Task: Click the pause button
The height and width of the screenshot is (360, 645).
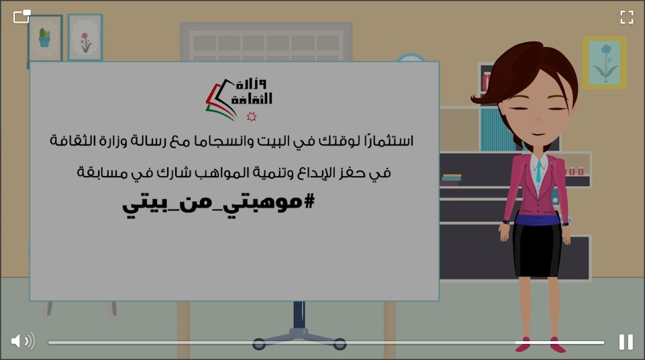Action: pos(626,342)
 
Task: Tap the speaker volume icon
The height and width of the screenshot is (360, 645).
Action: pos(22,341)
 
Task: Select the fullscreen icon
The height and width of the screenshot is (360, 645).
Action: pos(626,17)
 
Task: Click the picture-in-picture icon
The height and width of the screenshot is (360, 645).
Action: pos(22,16)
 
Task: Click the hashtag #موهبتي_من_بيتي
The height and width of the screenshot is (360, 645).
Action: pos(218,201)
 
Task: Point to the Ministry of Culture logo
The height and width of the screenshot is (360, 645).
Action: pos(238,97)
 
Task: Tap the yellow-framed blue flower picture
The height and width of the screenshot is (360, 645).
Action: pos(605,62)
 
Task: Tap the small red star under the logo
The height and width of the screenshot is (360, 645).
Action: pos(252,117)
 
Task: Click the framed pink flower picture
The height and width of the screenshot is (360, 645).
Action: pos(85,38)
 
